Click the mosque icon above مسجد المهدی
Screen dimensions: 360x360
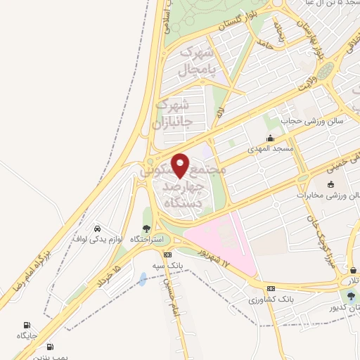point(270,139)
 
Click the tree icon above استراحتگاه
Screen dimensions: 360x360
point(146,228)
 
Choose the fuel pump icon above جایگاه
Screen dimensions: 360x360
point(27,325)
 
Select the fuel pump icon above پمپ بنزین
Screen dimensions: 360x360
point(49,347)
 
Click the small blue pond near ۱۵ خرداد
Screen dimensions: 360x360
point(143,279)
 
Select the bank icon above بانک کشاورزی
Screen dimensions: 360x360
point(271,289)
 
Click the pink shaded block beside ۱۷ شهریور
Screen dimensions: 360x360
point(221,243)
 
